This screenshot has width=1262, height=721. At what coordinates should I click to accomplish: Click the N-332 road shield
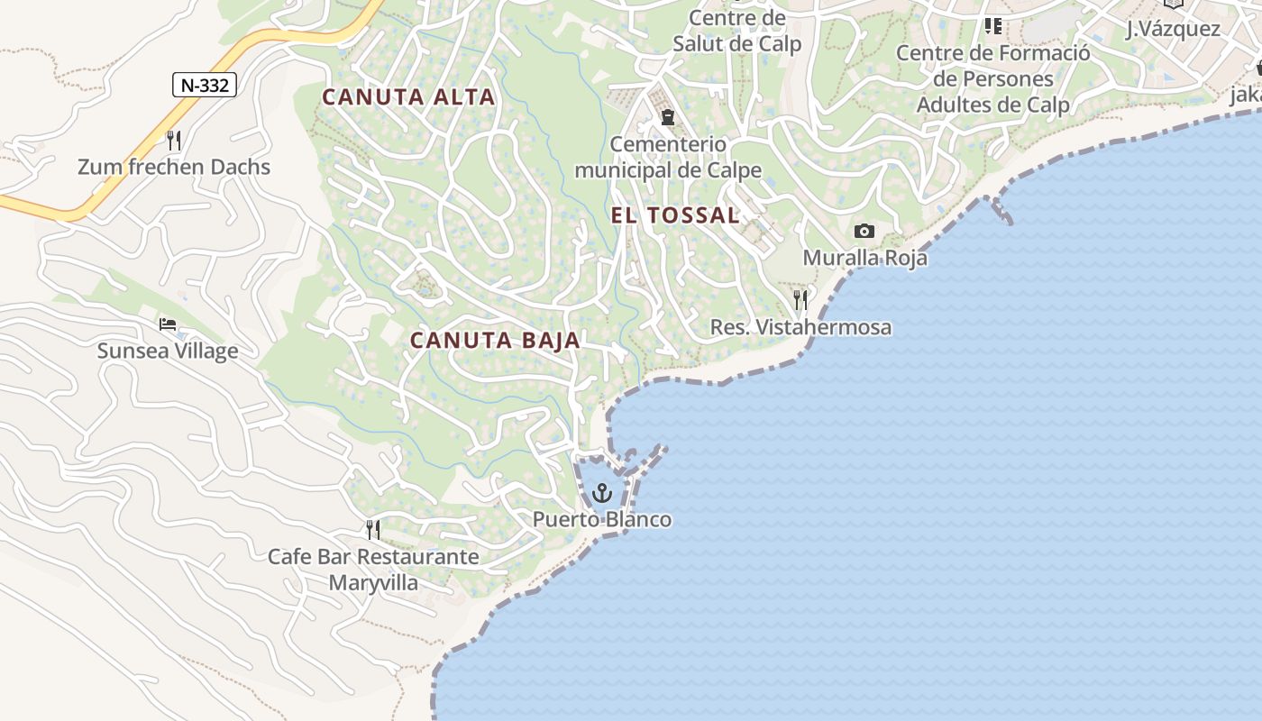click(205, 85)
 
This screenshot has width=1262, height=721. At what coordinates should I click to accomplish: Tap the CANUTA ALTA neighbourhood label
click(408, 97)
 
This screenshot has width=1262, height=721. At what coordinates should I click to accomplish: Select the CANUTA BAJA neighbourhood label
click(495, 341)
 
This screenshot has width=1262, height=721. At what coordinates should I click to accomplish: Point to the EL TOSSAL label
click(675, 215)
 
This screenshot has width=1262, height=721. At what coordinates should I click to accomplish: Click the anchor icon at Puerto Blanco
click(602, 493)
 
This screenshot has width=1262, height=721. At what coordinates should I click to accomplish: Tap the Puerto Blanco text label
click(602, 520)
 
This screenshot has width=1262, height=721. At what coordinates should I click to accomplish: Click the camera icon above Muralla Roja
click(864, 232)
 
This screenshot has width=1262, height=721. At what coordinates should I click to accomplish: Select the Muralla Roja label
click(864, 258)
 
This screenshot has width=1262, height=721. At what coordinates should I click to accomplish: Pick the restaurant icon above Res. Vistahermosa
click(800, 300)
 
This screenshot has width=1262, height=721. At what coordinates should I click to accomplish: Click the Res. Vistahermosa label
click(800, 327)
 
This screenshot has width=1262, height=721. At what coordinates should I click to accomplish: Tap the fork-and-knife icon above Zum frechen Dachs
click(174, 141)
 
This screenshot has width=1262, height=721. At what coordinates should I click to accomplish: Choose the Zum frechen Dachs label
click(174, 167)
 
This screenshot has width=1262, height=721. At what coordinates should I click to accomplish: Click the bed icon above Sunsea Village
click(168, 324)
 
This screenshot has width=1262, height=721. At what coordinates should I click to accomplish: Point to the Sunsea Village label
click(168, 351)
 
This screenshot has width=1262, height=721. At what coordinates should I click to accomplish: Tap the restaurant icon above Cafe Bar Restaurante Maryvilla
click(373, 530)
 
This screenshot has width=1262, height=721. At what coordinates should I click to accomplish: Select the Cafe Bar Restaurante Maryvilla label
click(373, 569)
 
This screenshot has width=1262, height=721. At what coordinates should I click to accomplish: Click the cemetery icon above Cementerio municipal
click(668, 117)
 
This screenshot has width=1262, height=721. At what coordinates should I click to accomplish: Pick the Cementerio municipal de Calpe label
click(668, 157)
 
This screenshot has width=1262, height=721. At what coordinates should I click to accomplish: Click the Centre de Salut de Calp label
click(737, 31)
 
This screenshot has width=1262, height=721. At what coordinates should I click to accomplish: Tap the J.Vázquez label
click(1173, 29)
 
